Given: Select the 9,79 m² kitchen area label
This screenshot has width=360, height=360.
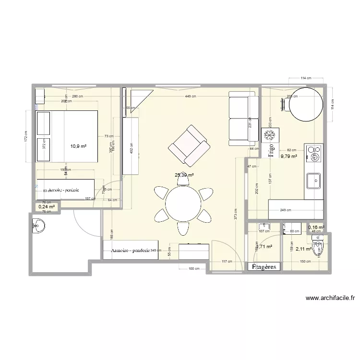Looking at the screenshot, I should pyautogui.click(x=289, y=156).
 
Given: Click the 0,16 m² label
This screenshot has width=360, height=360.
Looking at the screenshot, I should pyautogui.click(x=316, y=228).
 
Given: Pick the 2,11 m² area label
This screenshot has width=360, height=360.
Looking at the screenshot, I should pyautogui.click(x=303, y=249).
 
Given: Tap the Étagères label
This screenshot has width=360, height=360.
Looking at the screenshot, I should pyautogui.click(x=264, y=267).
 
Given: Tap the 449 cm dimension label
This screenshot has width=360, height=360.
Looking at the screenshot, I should pyautogui.click(x=191, y=96).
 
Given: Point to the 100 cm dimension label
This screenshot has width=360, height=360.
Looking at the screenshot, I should pyautogui.click(x=193, y=268).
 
